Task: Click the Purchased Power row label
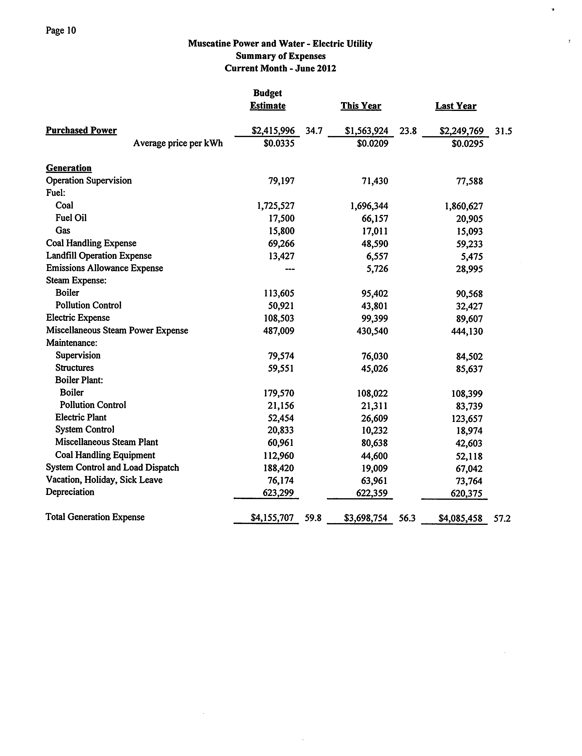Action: (81, 131)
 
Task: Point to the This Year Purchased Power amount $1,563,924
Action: (366, 131)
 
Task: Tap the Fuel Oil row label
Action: (71, 218)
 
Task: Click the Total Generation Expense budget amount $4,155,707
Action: (272, 518)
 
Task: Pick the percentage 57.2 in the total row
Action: (502, 518)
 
